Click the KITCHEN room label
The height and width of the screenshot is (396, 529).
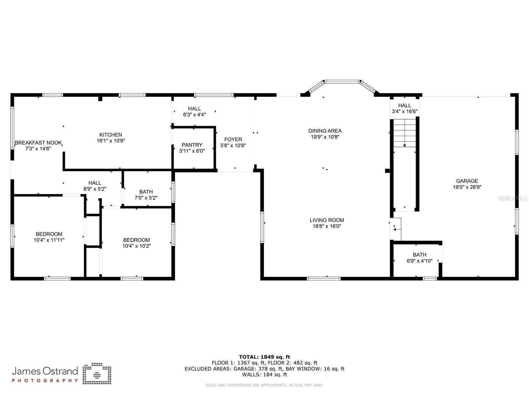(111, 135)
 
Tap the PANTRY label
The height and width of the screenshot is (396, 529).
(192, 145)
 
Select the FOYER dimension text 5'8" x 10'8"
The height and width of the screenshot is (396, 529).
(233, 146)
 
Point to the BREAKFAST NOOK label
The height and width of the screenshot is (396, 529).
(38, 143)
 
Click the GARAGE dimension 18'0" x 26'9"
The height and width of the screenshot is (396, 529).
(467, 187)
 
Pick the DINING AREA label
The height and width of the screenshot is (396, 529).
(325, 131)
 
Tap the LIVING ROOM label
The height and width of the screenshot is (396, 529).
(327, 220)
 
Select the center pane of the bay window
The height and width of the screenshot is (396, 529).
(342, 81)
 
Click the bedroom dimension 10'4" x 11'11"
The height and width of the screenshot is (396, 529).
(49, 240)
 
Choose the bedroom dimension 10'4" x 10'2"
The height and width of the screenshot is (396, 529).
(137, 246)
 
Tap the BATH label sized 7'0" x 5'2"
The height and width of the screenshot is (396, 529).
(146, 192)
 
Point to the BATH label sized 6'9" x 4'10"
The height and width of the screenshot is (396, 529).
(420, 255)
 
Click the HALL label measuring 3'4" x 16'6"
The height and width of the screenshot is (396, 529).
(404, 106)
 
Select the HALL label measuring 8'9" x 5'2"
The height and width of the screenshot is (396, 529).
(95, 183)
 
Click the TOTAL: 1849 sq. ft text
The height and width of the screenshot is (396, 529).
(264, 357)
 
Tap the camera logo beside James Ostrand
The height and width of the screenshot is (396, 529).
(97, 374)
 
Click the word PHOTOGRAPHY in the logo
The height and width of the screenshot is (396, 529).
(45, 380)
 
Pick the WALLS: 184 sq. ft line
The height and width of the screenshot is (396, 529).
(264, 375)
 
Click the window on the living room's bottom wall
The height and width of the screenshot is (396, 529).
(324, 279)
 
